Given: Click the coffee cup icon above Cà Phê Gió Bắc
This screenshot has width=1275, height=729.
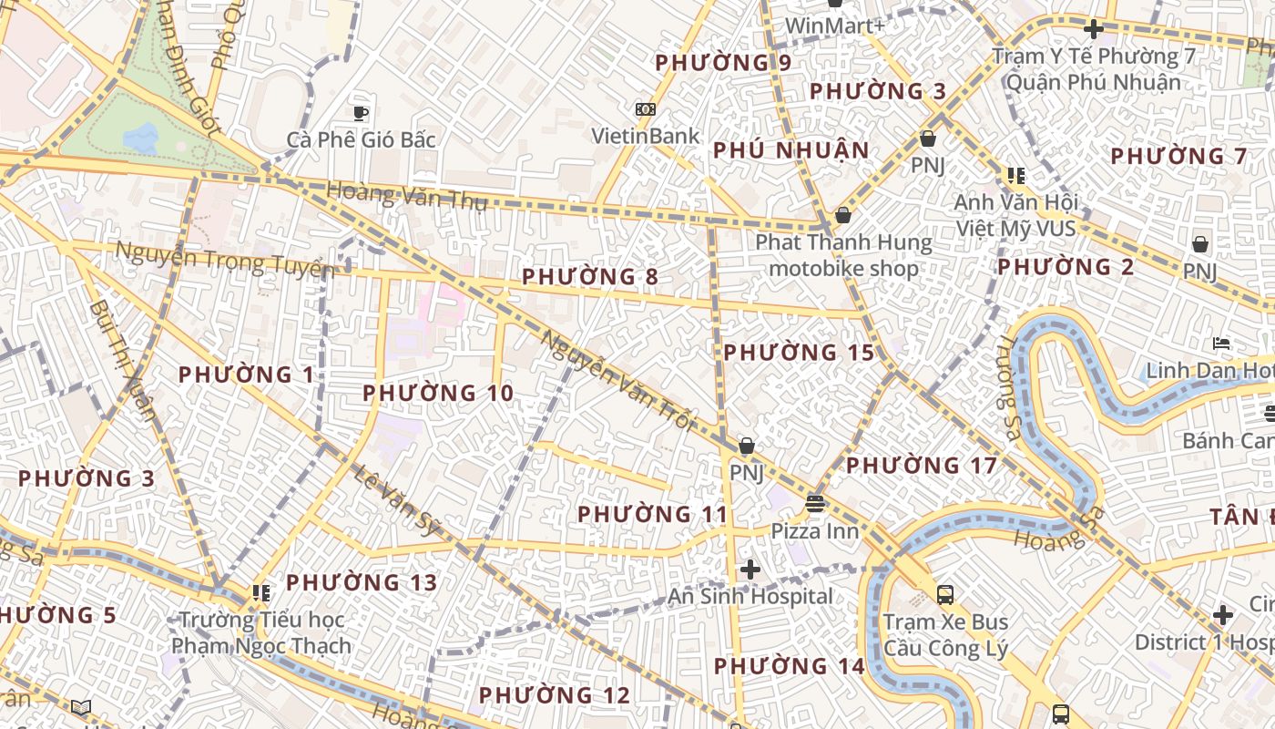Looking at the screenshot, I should pos(361,113).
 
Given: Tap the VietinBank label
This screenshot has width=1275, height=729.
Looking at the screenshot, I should pos(646,137).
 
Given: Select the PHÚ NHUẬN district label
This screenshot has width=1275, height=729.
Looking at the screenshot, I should pos(790,150).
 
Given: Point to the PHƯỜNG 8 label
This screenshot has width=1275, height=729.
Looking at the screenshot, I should pos(590,276).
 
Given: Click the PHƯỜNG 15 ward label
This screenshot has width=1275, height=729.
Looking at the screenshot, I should pos(799,353).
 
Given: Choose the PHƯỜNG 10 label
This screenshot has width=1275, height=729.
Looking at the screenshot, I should pos(438,394).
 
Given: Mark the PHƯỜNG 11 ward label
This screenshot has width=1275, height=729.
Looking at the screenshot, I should pos(653,514).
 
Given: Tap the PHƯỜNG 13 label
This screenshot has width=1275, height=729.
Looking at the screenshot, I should pos(362,582).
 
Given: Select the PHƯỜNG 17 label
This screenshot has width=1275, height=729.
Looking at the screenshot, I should pos(922,466).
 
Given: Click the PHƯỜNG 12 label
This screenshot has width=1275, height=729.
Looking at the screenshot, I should pos(554,695).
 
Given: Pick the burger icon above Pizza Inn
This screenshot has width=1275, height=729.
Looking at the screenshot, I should pos(814,504).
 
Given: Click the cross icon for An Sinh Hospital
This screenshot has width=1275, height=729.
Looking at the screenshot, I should pos(750,570).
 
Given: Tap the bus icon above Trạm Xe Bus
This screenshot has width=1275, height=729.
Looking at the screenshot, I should pos(945,595).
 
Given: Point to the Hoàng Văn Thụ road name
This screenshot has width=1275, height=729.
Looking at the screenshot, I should pos(406,196).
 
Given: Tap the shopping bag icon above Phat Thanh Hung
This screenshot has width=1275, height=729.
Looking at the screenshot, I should pos(843,216).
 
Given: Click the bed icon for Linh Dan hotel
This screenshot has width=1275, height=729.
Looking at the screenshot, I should pos(1222,344).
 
